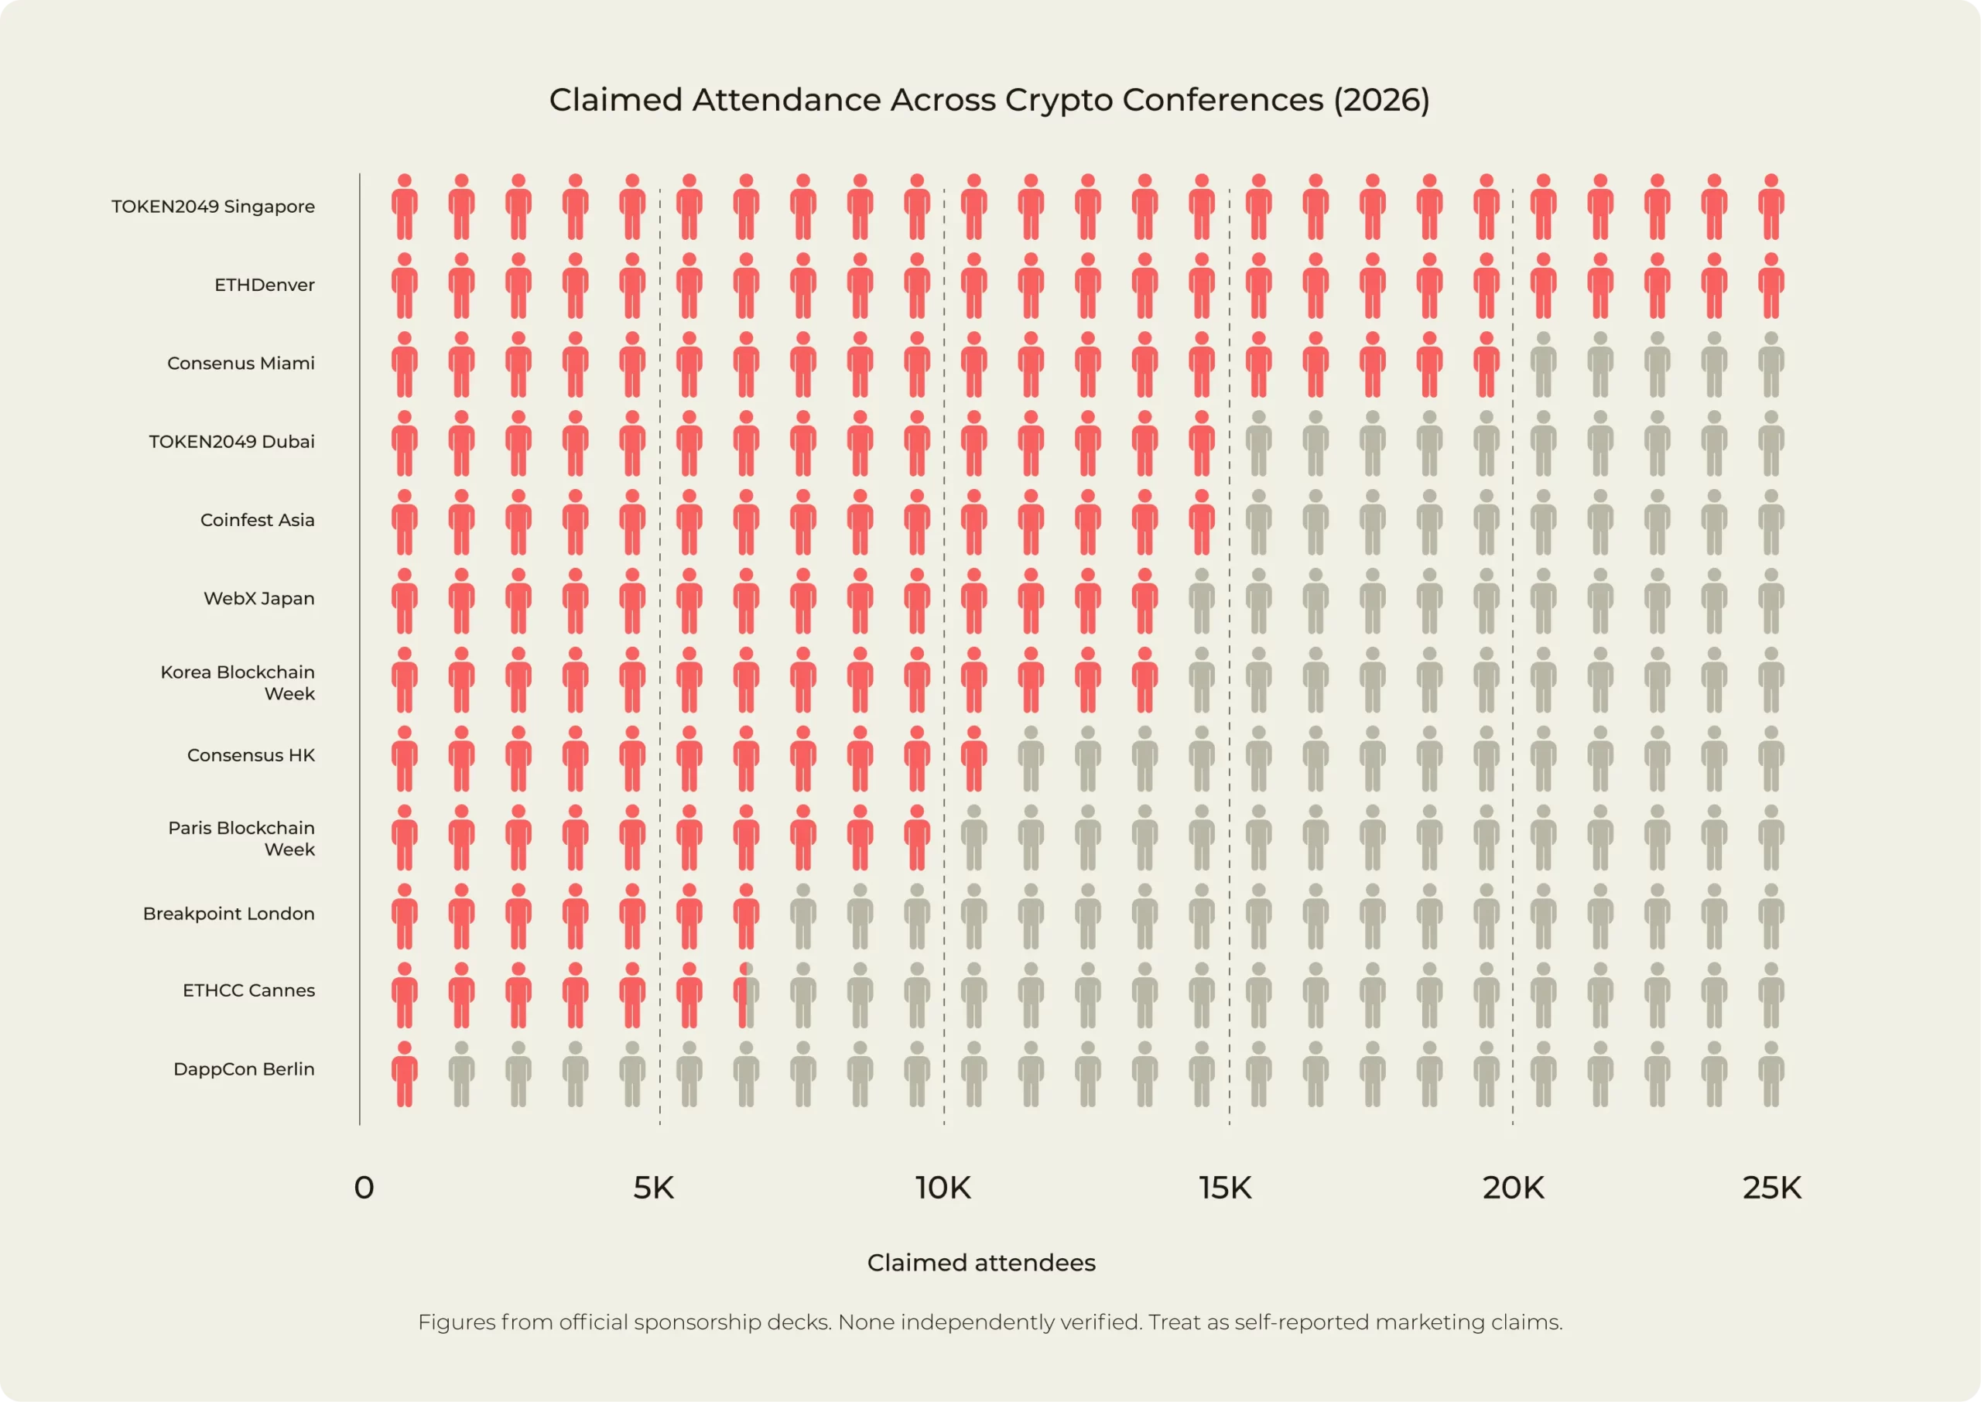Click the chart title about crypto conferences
[989, 100]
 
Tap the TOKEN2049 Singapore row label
[214, 207]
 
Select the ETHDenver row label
[264, 286]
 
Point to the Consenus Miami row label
[241, 364]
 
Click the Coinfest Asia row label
[257, 521]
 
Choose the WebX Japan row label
[259, 599]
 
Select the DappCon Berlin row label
[245, 1069]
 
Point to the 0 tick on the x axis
[364, 1188]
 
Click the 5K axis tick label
[653, 1188]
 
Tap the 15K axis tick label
[1225, 1188]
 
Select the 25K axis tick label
[1771, 1188]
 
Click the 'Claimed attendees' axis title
[981, 1263]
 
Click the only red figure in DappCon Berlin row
[404, 1074]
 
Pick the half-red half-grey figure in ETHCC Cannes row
[746, 995]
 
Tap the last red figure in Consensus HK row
[973, 759]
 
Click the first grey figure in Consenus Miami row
[1543, 365]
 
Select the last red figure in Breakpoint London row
[746, 917]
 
